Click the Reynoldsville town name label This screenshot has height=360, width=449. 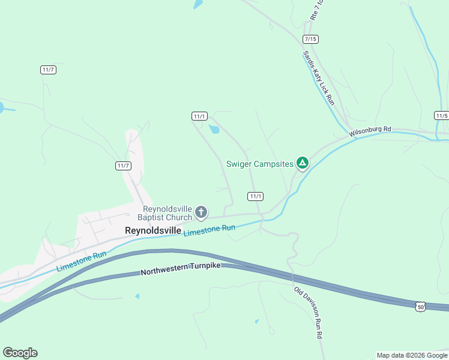(x=152, y=230)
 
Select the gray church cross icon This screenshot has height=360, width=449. (x=201, y=212)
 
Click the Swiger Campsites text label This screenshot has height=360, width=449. (x=259, y=163)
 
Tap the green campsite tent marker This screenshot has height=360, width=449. (x=303, y=163)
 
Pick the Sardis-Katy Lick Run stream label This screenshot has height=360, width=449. (x=318, y=79)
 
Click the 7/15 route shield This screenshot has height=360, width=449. (x=310, y=39)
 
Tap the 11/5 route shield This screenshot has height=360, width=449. (x=441, y=115)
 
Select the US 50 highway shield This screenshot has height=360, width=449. (x=421, y=307)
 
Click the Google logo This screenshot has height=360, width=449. (x=20, y=353)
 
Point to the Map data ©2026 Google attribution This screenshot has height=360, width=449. (x=412, y=355)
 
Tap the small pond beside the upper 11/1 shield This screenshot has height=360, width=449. (x=213, y=128)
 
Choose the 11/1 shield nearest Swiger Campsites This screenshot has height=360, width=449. (x=255, y=196)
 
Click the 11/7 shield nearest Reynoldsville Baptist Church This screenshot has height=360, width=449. (x=123, y=166)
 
